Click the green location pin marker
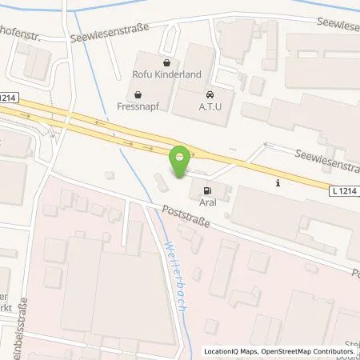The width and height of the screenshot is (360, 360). click(x=181, y=162)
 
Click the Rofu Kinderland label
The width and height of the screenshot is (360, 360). click(x=164, y=76)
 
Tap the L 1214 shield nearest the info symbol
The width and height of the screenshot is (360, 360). click(x=342, y=190)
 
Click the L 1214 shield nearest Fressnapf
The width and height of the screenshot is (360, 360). click(x=9, y=98)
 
